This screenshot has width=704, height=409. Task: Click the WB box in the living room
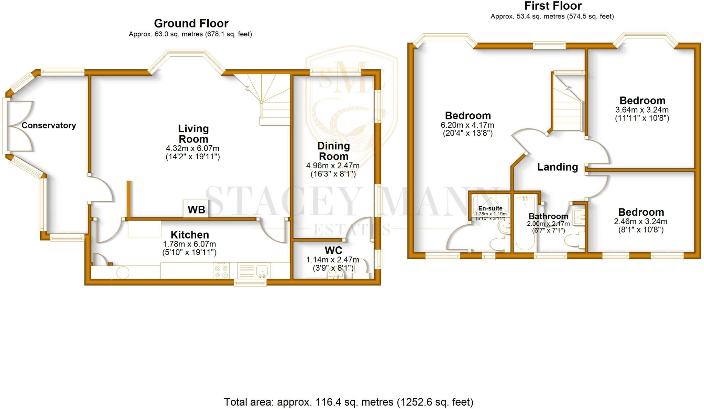pos(196,209)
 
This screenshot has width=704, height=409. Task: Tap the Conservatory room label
pos(49,125)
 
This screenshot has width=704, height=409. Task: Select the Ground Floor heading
pos(191,23)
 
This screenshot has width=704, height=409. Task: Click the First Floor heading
pos(553,6)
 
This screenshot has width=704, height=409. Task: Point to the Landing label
pos(558,167)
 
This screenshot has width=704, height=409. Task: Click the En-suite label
pos(490,208)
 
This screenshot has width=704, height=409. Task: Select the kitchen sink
pos(262,271)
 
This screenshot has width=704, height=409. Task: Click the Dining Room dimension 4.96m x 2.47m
pos(333,166)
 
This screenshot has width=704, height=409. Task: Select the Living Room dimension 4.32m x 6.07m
pos(192,148)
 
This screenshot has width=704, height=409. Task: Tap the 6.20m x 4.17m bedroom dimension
pos(467,125)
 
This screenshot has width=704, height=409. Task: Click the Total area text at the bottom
pos(349,402)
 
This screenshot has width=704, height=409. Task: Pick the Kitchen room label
pos(190,235)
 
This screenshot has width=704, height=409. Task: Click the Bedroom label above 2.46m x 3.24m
pos(641,212)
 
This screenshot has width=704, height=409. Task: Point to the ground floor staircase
pos(272,100)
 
